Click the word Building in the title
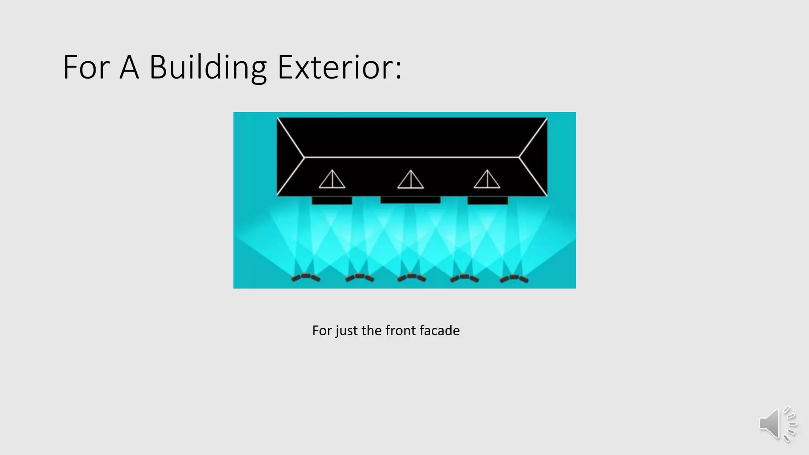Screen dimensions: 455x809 [208, 68]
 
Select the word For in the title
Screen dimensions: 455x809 [86, 68]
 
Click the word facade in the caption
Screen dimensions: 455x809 [440, 331]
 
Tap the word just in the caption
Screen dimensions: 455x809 [346, 331]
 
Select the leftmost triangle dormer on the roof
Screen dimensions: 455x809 [332, 180]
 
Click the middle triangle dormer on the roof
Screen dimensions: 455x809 [410, 180]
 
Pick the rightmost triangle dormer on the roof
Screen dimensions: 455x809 [487, 180]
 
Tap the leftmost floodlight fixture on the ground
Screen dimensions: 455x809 [306, 277]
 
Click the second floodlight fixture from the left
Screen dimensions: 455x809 [359, 277]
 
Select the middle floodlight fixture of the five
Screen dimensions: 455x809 [412, 277]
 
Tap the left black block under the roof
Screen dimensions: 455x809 [332, 201]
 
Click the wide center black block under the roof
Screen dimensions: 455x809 [410, 200]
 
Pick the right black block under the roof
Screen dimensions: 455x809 [487, 201]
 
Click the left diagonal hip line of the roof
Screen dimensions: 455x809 [291, 137]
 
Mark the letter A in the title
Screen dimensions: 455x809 [129, 68]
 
